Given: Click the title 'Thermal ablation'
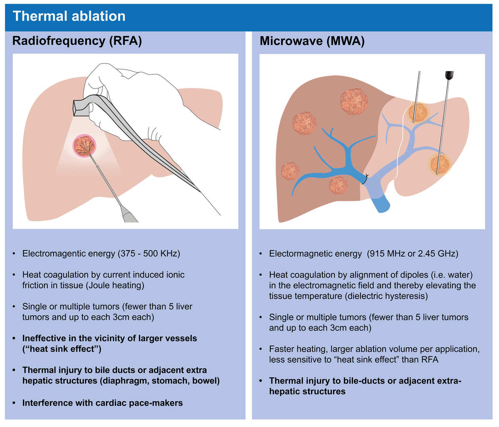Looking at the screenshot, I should coord(69,16).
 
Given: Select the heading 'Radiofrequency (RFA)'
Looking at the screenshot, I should coord(77,41).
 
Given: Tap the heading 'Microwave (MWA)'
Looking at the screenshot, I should coord(312,41).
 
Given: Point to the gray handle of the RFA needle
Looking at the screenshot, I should coord(129,214).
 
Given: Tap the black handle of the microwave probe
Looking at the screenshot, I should coord(449,75).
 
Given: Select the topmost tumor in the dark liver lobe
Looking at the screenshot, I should coord(354,101).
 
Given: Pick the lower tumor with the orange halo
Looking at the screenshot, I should coord(440,164).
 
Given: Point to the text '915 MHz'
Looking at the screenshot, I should coord(386,254).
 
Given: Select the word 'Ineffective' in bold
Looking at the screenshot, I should coord(48,338).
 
